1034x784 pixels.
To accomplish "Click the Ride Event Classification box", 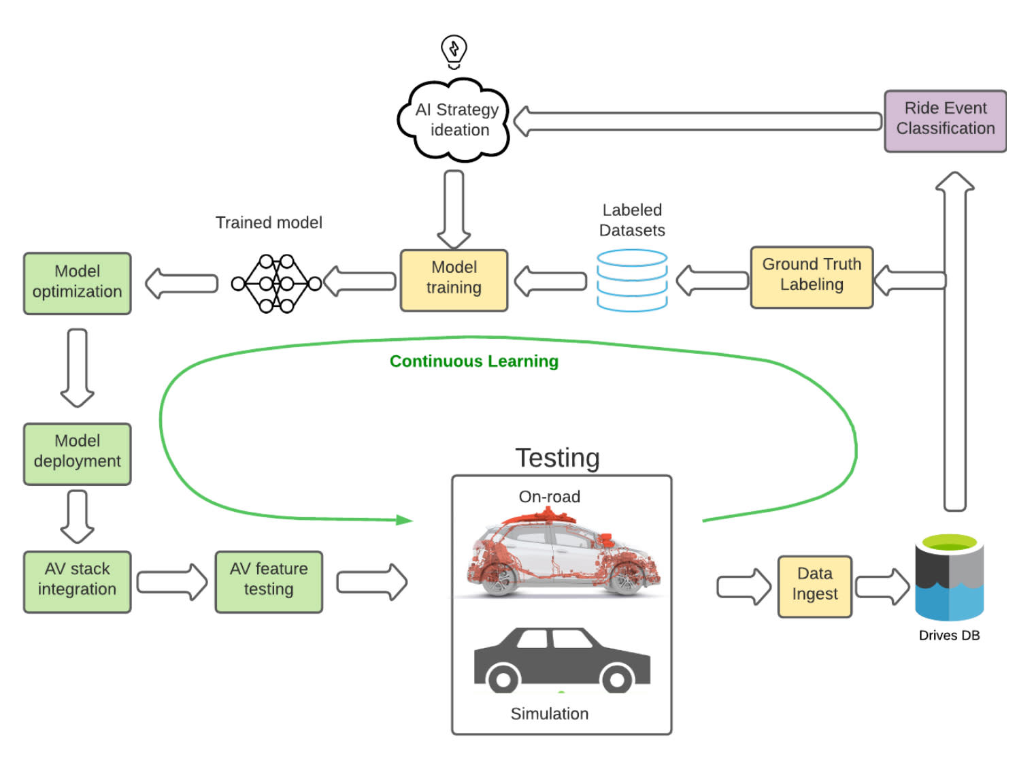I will coord(945,120).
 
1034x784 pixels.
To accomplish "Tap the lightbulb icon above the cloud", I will coord(454,51).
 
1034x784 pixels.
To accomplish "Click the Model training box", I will coord(454,280).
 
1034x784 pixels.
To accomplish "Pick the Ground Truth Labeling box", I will coord(812,277).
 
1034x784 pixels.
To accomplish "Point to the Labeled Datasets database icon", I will coord(632,280).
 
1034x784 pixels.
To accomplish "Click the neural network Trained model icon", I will coord(276,283).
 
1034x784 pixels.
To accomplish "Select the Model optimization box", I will coord(77,283).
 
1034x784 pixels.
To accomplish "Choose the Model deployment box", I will coord(77,453).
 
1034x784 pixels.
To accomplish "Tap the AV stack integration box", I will coord(77,581).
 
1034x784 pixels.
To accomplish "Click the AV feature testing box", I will coord(269,581).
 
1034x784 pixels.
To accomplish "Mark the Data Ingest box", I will coord(814,586).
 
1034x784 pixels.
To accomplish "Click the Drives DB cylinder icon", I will coord(949,578).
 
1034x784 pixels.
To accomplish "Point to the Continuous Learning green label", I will coord(473,361).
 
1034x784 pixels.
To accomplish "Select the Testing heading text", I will coord(557,458).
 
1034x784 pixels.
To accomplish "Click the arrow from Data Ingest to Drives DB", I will coord(882,586).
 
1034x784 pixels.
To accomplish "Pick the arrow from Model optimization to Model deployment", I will coord(77,367).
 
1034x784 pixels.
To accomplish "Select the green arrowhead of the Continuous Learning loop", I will coord(405,520).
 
